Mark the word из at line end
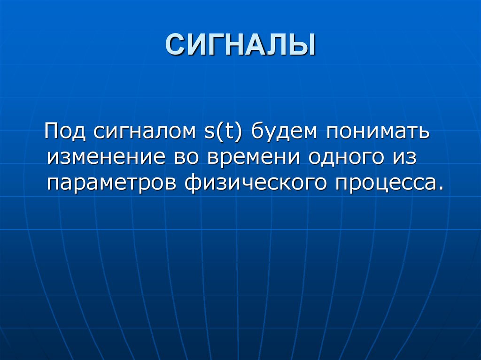pos(405,157)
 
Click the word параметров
pos(112,182)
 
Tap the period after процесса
pos(440,186)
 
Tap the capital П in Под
pos(52,131)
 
